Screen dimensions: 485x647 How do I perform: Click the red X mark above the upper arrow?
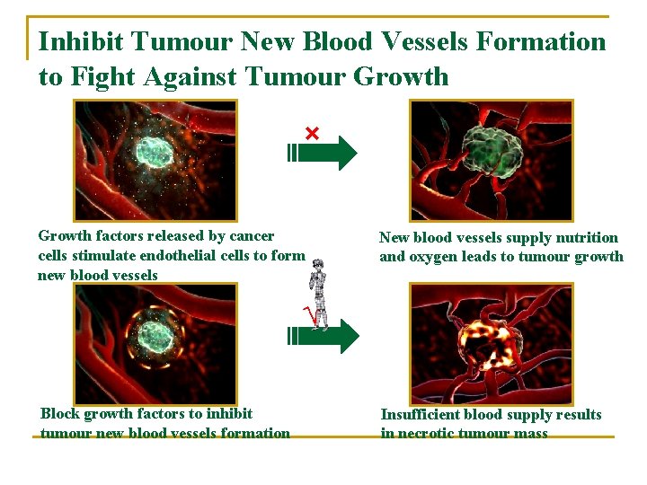pos(312,134)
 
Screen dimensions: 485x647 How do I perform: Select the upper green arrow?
pos(323,153)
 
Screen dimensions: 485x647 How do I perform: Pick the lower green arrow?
pos(323,336)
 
